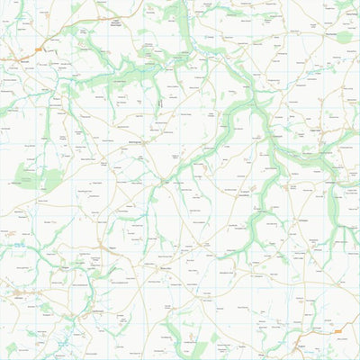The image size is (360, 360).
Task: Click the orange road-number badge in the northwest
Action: (39, 49)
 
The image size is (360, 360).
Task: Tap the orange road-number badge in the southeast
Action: (337, 330)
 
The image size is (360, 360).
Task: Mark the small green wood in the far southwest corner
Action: (12, 347)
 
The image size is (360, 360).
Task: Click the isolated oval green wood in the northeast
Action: (344, 37)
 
